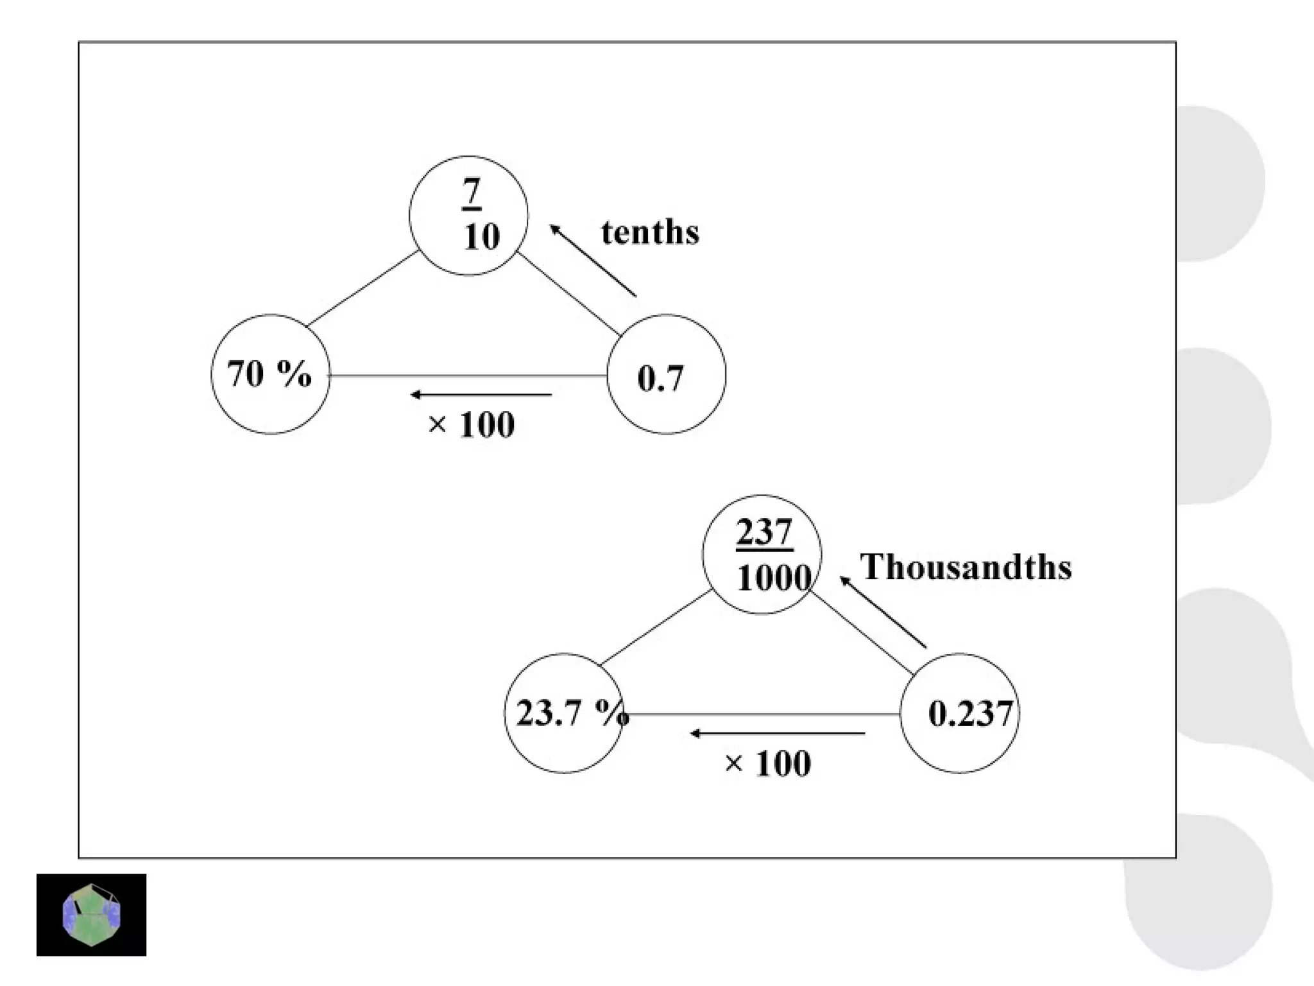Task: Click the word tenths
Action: [x=650, y=232]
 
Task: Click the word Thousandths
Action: [x=966, y=567]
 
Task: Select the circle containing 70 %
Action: [x=270, y=374]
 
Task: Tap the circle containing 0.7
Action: [x=666, y=375]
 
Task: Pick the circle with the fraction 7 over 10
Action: [x=468, y=216]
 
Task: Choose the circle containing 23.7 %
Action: [x=563, y=713]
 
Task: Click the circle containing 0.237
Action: [x=959, y=713]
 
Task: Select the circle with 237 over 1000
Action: [x=762, y=555]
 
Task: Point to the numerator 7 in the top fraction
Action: [x=472, y=191]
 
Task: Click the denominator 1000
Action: [x=773, y=578]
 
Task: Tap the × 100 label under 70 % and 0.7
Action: [x=472, y=425]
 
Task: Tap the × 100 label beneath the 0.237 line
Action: [x=768, y=764]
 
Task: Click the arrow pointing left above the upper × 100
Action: [x=481, y=394]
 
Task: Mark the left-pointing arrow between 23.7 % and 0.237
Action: [x=778, y=733]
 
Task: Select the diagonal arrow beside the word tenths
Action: [x=593, y=260]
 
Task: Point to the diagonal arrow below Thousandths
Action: [x=883, y=612]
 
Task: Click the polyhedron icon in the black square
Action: [x=91, y=915]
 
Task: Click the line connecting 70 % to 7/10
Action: [x=363, y=288]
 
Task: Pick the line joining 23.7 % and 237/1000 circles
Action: [x=655, y=627]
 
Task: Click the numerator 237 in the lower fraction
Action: [x=764, y=532]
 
